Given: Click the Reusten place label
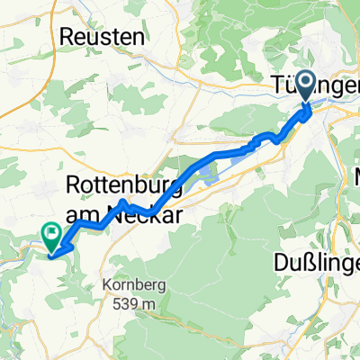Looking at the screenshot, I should click(101, 37).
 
